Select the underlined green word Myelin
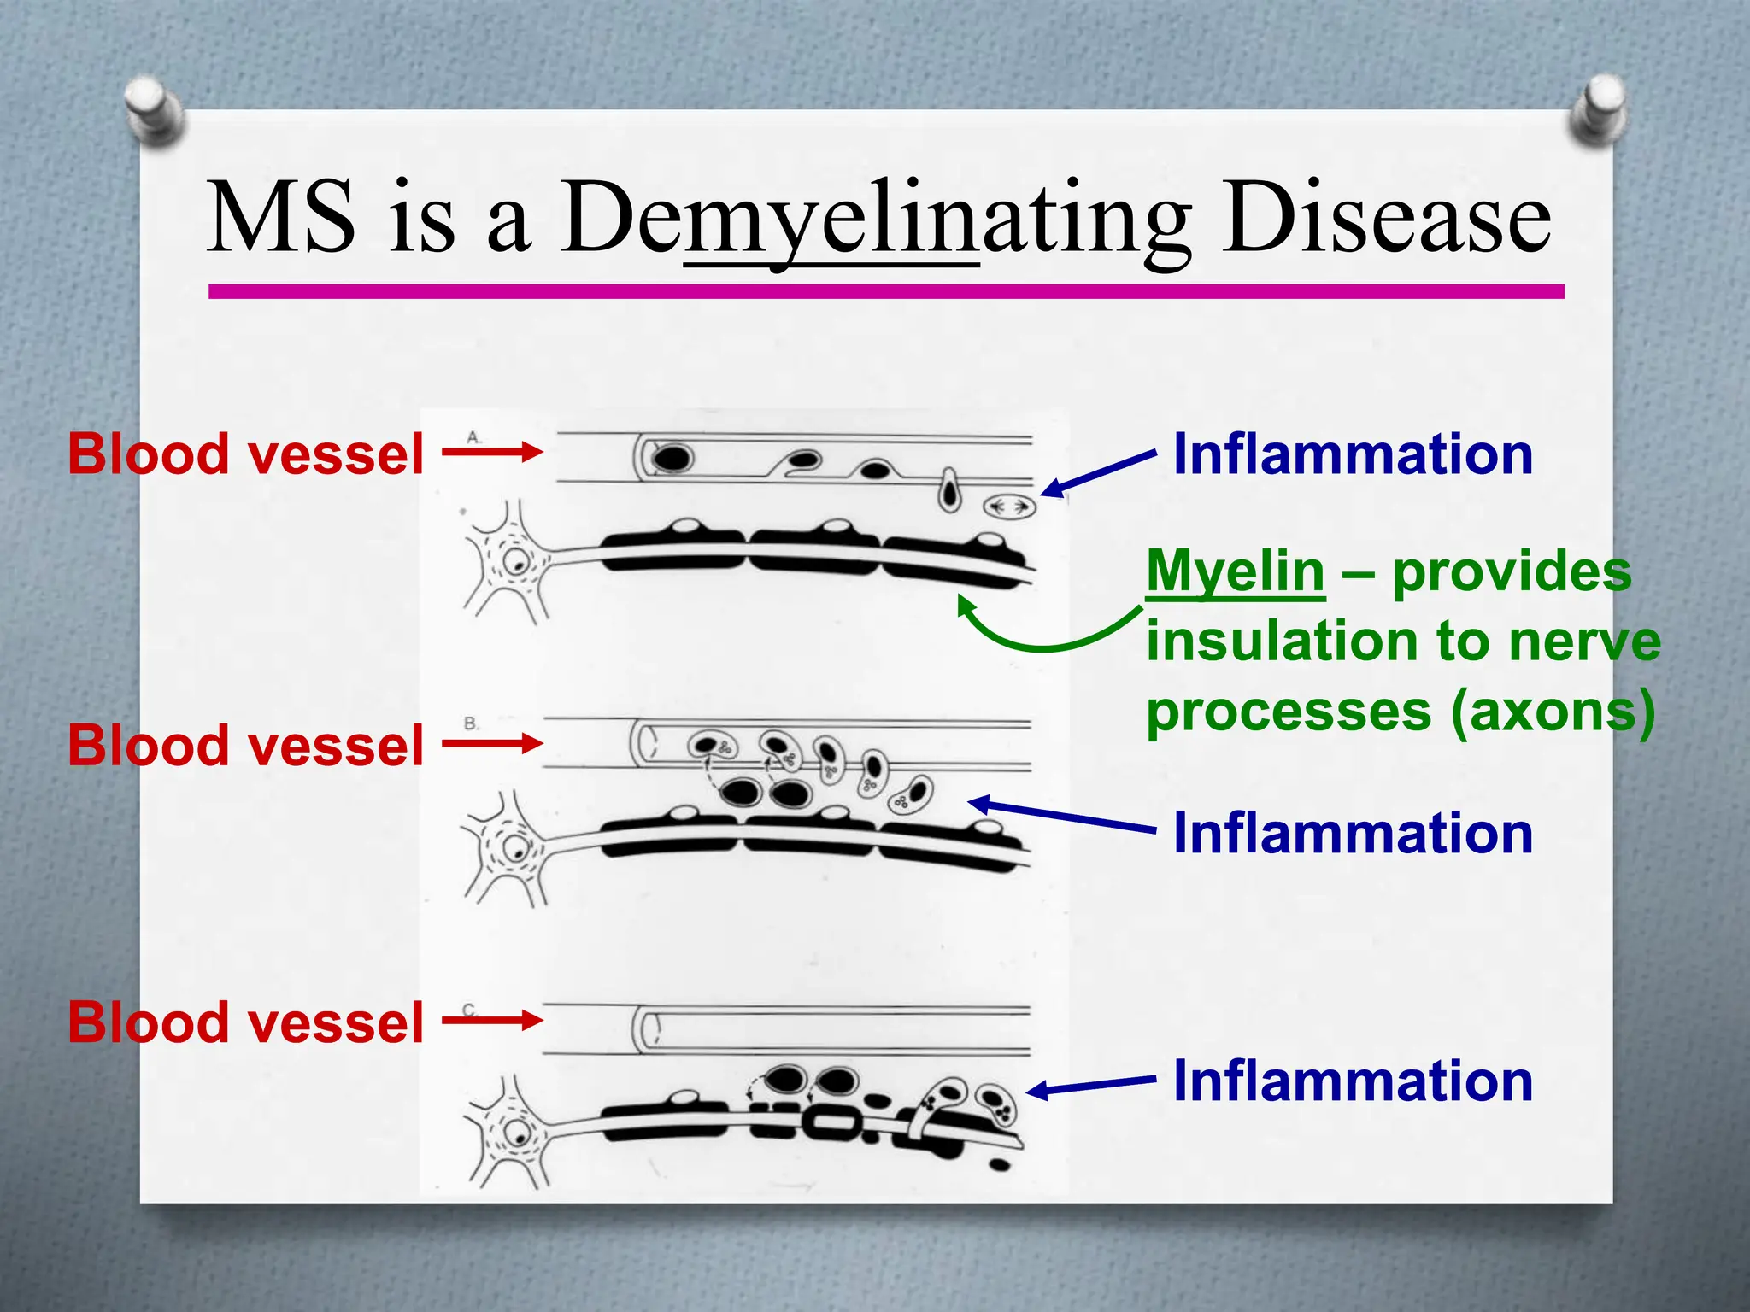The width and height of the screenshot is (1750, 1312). (x=1235, y=571)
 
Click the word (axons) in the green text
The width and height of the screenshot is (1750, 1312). (x=1553, y=711)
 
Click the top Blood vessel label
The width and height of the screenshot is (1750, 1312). (x=245, y=454)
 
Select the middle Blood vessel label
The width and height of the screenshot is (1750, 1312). (x=245, y=745)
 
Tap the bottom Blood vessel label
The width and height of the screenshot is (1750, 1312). (x=245, y=1022)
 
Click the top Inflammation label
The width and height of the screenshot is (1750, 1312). (x=1353, y=454)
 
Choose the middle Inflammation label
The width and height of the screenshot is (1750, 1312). (x=1353, y=833)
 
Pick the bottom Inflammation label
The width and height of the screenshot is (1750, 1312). (x=1353, y=1081)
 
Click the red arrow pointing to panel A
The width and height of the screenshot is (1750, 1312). (x=492, y=452)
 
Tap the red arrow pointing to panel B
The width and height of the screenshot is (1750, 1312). (x=492, y=743)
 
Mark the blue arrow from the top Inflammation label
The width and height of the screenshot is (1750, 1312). (x=1099, y=473)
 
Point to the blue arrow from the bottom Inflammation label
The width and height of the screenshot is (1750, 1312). (x=1090, y=1086)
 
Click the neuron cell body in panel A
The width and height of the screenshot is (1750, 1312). (x=514, y=562)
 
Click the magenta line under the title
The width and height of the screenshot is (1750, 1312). (x=886, y=292)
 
